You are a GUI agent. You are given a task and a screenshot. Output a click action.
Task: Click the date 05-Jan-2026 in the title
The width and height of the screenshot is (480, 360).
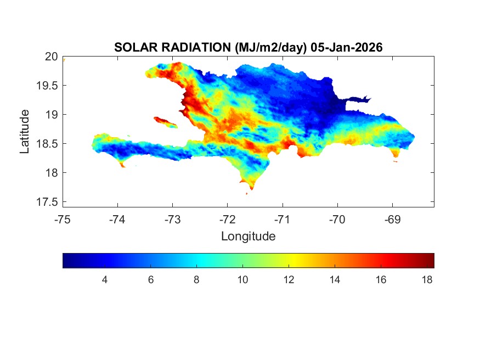point(346,48)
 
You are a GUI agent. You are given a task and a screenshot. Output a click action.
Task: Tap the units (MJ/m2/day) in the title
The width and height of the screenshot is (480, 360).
point(267,48)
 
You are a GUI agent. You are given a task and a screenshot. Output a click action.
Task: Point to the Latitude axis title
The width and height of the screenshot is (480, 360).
point(25,131)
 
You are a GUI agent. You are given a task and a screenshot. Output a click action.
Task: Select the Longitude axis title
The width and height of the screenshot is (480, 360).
point(248,237)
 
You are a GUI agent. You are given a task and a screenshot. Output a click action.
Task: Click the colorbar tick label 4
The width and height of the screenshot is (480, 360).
point(104,280)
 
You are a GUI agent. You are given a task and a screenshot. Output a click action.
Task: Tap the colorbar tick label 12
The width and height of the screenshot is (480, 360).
point(289,280)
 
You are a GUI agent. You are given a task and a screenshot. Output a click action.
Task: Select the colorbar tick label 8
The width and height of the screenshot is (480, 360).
point(196,280)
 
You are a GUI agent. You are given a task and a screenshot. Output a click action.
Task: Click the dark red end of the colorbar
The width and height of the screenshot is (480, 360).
point(431,260)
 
